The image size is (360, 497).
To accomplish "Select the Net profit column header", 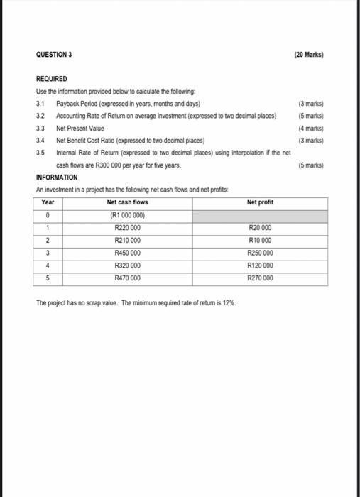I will [261, 202].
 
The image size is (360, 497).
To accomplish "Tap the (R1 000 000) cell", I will [128, 216].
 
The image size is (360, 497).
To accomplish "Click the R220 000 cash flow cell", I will [127, 229].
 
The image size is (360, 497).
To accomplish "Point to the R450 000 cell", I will [127, 253].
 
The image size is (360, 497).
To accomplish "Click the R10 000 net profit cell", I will [261, 241].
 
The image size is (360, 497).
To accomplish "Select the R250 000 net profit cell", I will [261, 253].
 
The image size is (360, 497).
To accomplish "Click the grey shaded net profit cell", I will [261, 216].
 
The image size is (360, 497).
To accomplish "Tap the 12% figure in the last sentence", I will [233, 302].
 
